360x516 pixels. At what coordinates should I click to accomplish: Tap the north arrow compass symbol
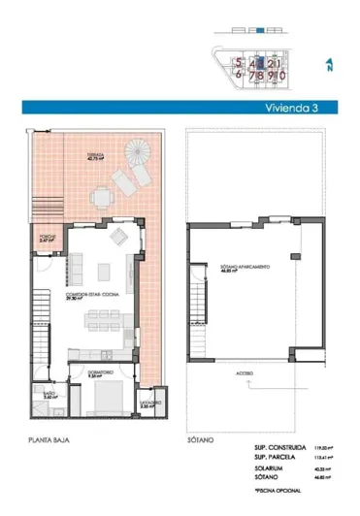[328, 65]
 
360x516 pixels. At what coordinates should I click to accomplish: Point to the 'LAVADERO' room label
[147, 401]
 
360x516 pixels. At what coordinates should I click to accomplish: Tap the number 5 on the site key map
[237, 60]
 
